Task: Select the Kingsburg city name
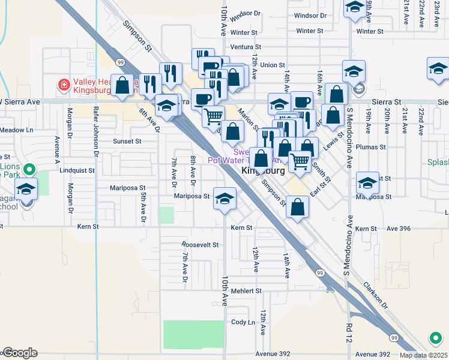(x=262, y=171)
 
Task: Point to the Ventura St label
(x=246, y=47)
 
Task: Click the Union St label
(x=272, y=65)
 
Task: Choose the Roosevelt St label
(x=200, y=245)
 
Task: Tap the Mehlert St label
(x=246, y=291)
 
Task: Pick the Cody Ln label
(x=243, y=322)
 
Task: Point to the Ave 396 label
(x=399, y=229)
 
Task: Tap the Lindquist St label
(x=77, y=170)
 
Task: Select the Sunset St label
(x=127, y=142)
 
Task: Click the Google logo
(x=20, y=353)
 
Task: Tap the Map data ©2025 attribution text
(x=423, y=355)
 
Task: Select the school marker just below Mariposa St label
(x=224, y=199)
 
